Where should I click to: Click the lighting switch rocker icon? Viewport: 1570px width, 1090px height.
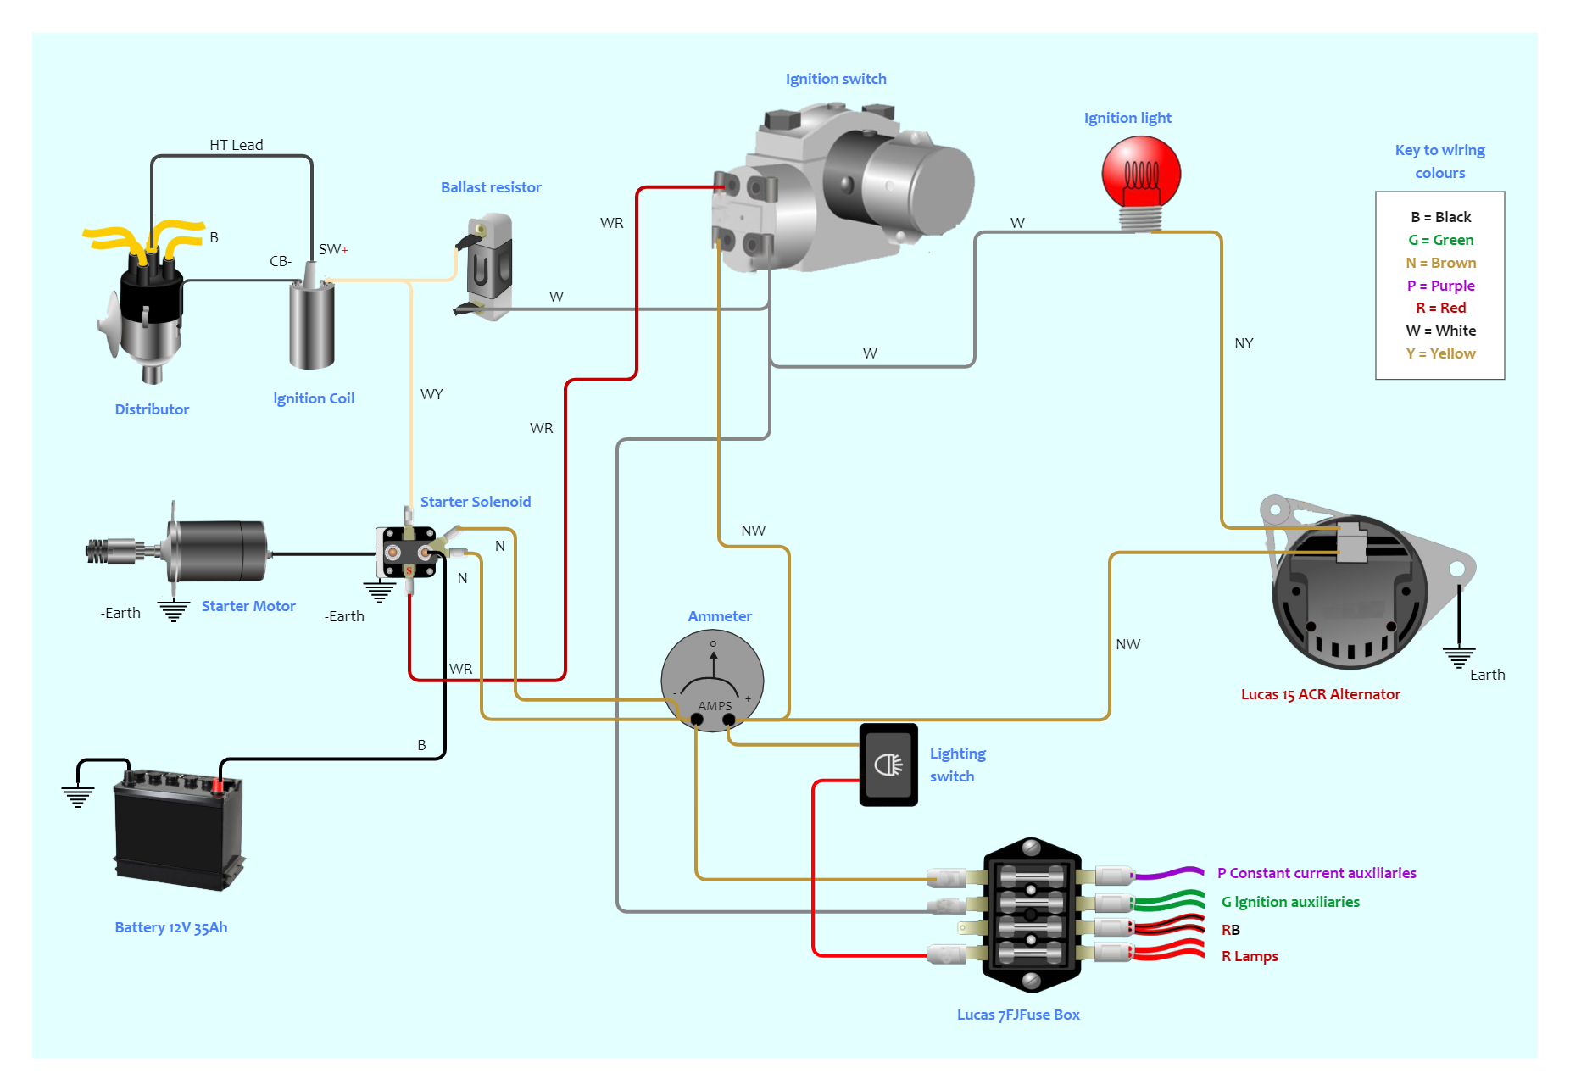click(888, 765)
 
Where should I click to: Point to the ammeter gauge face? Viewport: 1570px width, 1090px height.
click(712, 678)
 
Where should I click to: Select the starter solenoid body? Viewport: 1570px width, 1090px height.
click(408, 553)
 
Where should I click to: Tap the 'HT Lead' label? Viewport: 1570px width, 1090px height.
click(237, 145)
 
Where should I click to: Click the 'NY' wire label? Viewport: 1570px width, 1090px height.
click(1244, 343)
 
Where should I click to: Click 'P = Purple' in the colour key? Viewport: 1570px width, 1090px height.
click(1440, 286)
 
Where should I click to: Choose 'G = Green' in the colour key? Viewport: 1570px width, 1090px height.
click(1440, 240)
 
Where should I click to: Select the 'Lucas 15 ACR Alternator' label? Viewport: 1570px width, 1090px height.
click(1320, 694)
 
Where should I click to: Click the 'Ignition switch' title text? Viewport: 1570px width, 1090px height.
click(835, 79)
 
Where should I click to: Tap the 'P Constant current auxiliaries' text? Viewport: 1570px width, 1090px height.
click(1316, 873)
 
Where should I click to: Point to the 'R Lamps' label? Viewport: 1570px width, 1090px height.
click(1249, 956)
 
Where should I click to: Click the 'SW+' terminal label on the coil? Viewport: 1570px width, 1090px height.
click(332, 249)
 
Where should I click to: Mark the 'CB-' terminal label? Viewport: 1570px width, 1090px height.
click(281, 261)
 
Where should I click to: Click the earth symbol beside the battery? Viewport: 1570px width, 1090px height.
click(78, 796)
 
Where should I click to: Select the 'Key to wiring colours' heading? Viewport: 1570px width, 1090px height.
click(1439, 161)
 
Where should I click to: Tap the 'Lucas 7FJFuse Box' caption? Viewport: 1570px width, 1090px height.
click(1017, 1015)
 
